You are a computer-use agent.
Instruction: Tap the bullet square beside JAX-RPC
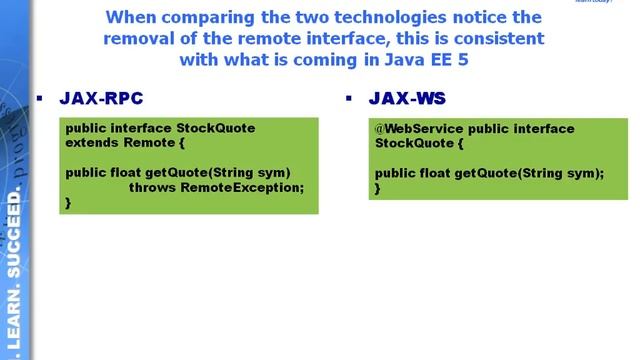(40, 98)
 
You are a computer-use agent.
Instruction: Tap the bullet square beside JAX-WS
(349, 98)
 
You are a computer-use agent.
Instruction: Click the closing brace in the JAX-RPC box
(68, 201)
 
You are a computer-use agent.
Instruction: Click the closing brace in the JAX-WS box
(378, 187)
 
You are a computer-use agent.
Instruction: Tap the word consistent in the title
(497, 39)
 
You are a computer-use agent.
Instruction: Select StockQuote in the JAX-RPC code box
(215, 128)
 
